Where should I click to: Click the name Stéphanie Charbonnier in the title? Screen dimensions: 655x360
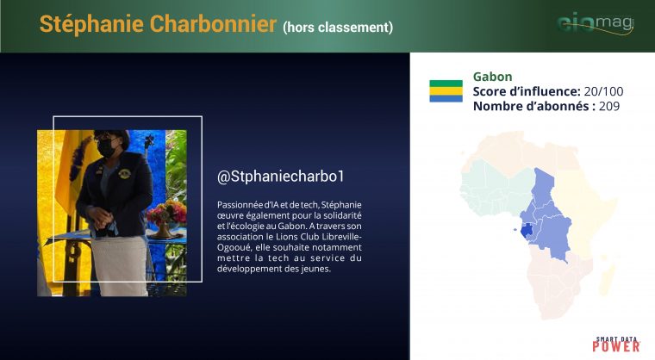(x=158, y=23)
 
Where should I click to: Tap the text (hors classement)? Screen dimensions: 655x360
(x=338, y=28)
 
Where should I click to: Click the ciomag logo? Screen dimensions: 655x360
(x=596, y=23)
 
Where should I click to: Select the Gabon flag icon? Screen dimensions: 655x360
(x=446, y=90)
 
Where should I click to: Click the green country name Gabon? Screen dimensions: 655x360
(x=492, y=77)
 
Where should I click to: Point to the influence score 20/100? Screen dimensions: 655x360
(x=603, y=91)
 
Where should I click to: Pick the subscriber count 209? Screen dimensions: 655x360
(x=609, y=106)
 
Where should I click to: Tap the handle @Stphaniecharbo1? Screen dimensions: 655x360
(x=281, y=177)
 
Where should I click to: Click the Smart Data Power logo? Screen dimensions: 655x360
(x=615, y=344)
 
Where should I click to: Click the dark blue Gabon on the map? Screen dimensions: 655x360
(x=526, y=230)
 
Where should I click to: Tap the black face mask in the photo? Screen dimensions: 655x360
(x=106, y=147)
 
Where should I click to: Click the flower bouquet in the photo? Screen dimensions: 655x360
(x=166, y=211)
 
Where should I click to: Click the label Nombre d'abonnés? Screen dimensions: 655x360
(x=533, y=106)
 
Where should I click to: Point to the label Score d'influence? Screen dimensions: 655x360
(x=527, y=91)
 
